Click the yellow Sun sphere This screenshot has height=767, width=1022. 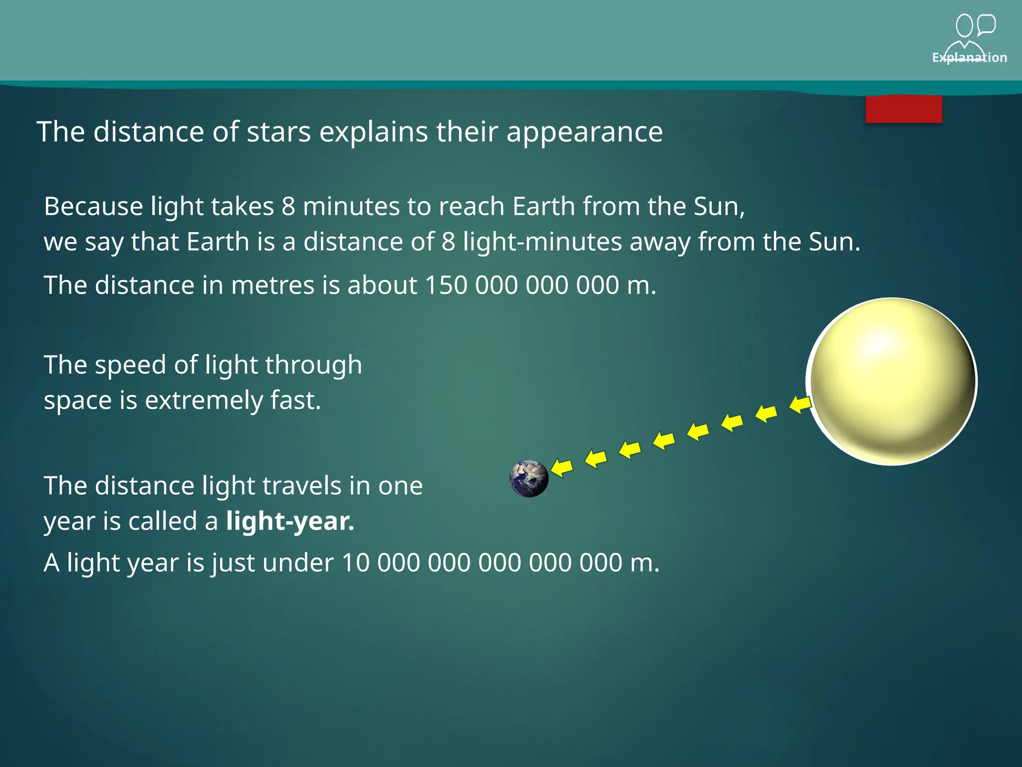pos(892,382)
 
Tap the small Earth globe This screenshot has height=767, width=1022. pos(529,478)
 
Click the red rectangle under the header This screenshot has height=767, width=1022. pos(904,109)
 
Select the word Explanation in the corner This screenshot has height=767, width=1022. pos(969,58)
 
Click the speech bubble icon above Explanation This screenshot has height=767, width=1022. pos(987,24)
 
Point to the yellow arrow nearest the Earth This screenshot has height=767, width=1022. pos(562,468)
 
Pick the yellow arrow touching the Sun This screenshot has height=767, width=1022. pos(800,403)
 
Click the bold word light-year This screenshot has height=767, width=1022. pos(290,521)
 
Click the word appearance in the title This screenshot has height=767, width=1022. pos(584,132)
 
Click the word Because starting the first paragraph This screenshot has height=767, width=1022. pos(93,207)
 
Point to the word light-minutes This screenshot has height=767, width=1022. pos(542,242)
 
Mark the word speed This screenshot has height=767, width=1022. pos(130,365)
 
